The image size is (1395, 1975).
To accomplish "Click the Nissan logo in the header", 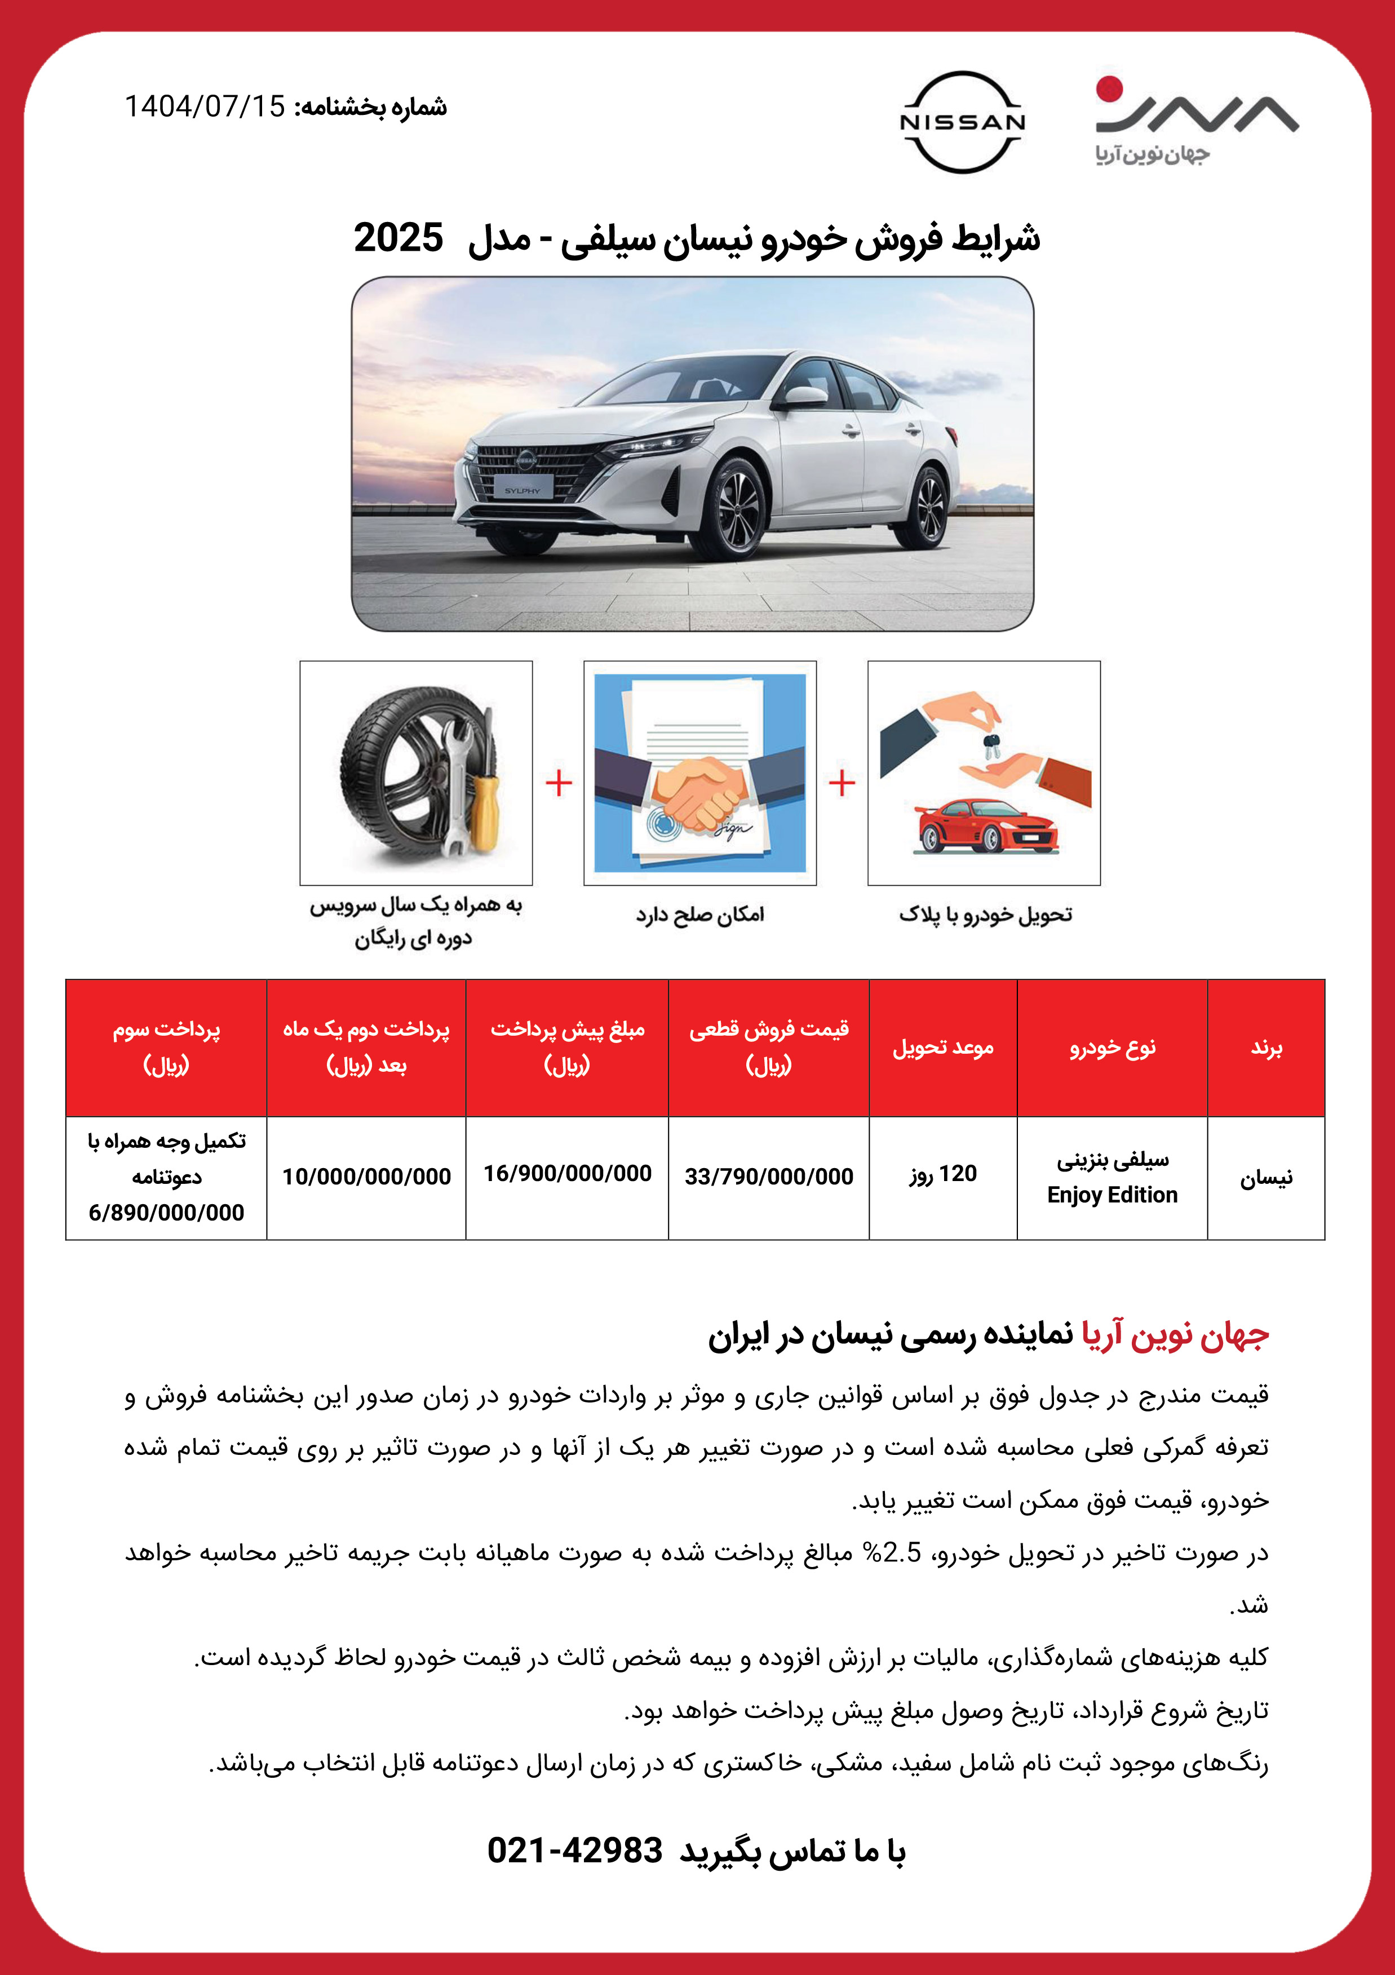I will [x=962, y=122].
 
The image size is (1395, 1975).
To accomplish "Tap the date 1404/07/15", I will [x=205, y=106].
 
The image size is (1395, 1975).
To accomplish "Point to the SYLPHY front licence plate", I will [x=522, y=490].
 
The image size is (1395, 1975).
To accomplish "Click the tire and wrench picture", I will [x=417, y=773].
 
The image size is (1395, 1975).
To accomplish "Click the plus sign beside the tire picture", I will [x=559, y=783].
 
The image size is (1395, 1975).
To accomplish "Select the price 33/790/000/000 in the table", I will [x=768, y=1177].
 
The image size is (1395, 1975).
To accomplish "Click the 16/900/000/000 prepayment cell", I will [x=567, y=1173].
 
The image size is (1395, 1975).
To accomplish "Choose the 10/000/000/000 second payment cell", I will [x=366, y=1177].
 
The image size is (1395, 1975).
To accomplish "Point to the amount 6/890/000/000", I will [x=166, y=1213].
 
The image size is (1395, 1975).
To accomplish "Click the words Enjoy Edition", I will [x=1112, y=1195].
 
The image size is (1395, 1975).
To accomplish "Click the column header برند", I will [x=1266, y=1048].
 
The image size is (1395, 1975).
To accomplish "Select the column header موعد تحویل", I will [x=943, y=1048].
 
